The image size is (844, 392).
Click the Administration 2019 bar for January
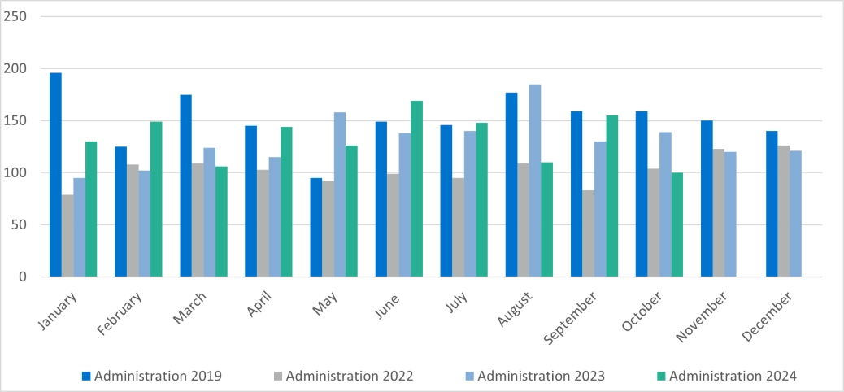coord(55,175)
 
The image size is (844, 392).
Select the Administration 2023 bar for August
coord(535,181)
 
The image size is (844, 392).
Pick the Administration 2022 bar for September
coord(589,233)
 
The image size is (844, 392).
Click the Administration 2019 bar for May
coord(315,227)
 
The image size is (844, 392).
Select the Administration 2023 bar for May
coord(340,194)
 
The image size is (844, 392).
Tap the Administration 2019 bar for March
coord(185,185)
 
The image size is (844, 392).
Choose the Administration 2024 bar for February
coord(156,199)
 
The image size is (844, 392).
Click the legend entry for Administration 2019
coord(151,376)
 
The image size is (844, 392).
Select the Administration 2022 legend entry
coord(342,376)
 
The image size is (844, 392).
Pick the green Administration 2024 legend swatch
coord(661,376)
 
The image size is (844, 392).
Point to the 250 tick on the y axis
coord(16,17)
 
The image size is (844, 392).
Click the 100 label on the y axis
coord(16,173)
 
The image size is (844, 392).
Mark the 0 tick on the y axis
coord(23,277)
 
